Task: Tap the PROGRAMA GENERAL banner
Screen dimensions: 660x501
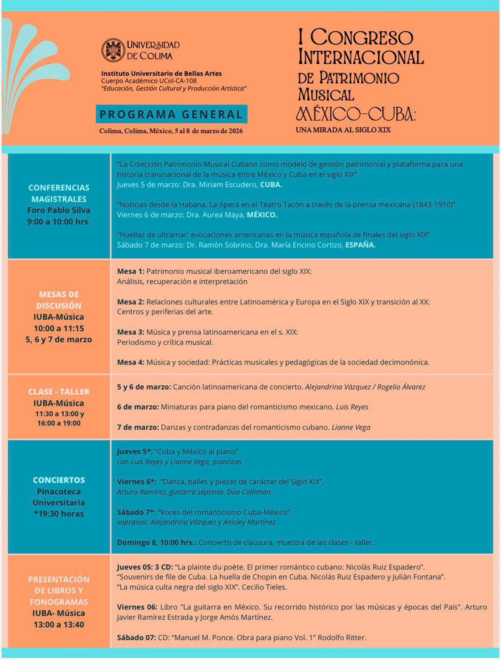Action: click(171, 114)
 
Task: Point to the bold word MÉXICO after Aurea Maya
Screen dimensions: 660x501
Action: click(262, 215)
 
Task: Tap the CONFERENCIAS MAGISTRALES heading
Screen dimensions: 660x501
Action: click(59, 193)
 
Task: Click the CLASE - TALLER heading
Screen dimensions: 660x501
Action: click(59, 392)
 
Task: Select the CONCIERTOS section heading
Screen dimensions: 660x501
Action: click(59, 480)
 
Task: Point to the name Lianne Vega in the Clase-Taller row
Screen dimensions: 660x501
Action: click(351, 427)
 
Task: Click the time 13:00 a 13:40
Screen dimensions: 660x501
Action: click(59, 625)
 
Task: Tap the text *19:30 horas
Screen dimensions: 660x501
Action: click(59, 514)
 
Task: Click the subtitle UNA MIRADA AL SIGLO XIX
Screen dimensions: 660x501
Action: click(343, 130)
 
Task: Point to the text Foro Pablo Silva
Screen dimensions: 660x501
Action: click(59, 210)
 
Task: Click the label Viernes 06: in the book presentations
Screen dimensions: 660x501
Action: click(137, 607)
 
